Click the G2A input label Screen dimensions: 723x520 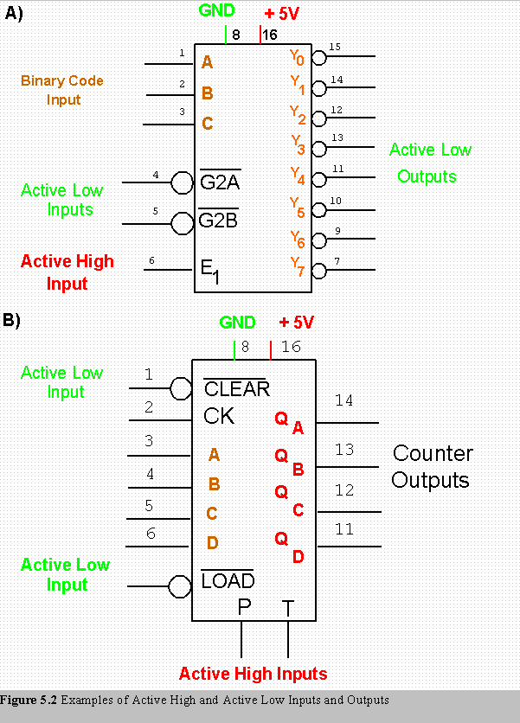click(x=220, y=182)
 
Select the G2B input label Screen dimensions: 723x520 click(x=218, y=221)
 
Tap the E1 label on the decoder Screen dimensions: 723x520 click(x=210, y=271)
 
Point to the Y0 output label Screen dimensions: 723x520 click(x=297, y=58)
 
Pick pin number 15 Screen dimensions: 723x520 click(x=335, y=47)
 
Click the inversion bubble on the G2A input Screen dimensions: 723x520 click(x=182, y=182)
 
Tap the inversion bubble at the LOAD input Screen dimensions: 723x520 click(x=180, y=587)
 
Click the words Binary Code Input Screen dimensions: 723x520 click(x=62, y=90)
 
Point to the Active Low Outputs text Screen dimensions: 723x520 click(x=429, y=163)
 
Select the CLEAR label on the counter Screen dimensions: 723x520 click(x=236, y=389)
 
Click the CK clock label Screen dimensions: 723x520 click(x=219, y=416)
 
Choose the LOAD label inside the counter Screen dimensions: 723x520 click(x=228, y=581)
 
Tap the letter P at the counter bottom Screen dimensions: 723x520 click(x=244, y=608)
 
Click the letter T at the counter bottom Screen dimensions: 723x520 click(x=288, y=609)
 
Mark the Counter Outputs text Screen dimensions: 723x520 click(x=432, y=466)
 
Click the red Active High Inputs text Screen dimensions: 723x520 click(x=253, y=674)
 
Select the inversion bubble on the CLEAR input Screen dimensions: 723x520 click(x=181, y=388)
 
